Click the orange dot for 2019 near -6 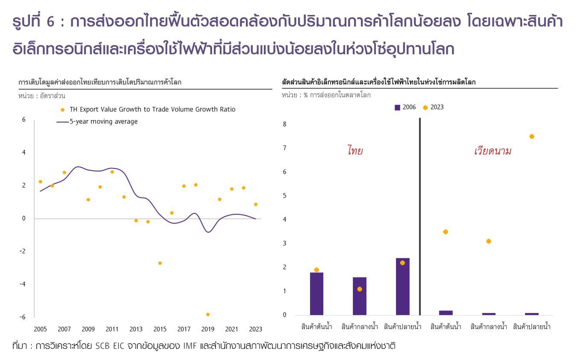coord(208,314)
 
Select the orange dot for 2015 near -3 coord(160,263)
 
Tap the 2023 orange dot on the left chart coord(256,204)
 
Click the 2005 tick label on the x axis coord(40,329)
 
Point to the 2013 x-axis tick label coord(136,329)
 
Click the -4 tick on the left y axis coord(23,284)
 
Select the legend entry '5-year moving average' coord(103,121)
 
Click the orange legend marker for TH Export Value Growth coord(62,109)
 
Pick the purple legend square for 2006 coord(397,107)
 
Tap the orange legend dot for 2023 coord(425,107)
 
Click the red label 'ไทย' coord(355,151)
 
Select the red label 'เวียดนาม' coord(493,151)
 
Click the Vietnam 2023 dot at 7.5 coord(532,136)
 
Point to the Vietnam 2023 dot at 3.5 coord(446,232)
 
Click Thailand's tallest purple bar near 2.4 coord(402,286)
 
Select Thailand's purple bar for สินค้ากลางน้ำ coord(360,296)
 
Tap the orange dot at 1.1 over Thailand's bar coord(360,289)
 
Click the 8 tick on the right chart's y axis coord(285,124)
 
